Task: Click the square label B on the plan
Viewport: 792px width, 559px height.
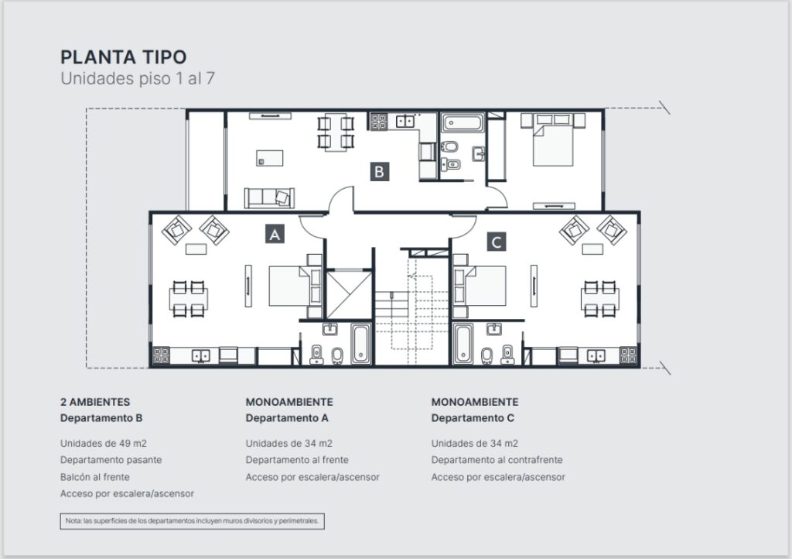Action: coord(379,171)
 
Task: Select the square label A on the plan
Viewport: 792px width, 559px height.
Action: coord(275,234)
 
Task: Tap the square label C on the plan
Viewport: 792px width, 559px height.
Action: coord(496,242)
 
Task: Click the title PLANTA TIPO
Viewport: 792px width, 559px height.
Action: coord(124,57)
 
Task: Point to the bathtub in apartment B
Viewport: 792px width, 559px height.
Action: coord(463,123)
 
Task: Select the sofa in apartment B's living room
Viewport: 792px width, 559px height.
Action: coord(269,197)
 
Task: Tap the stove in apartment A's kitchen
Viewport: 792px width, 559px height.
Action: coord(161,355)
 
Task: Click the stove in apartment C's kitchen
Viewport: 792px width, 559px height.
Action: coord(628,355)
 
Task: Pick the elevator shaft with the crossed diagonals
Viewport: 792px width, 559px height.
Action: coord(349,295)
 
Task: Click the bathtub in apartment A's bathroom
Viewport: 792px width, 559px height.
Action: coord(360,344)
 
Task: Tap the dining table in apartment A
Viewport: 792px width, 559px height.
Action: coord(189,299)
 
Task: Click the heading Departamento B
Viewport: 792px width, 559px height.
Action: coord(101,418)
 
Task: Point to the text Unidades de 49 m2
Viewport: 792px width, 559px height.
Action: coord(104,444)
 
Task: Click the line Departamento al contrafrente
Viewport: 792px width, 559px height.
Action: coord(497,460)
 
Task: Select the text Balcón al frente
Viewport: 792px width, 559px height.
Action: coord(95,477)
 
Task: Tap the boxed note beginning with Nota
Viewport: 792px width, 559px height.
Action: coord(192,521)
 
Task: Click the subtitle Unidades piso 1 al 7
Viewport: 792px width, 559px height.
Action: coord(138,78)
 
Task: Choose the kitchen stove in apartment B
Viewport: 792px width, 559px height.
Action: coord(379,122)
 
